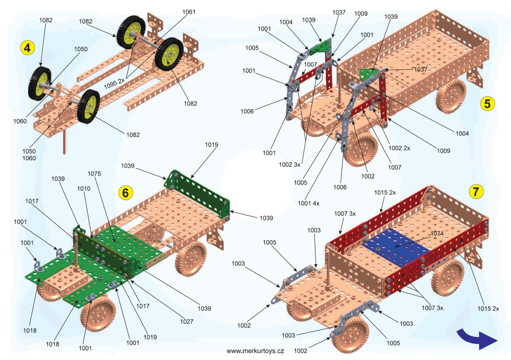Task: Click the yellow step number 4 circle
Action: (27, 48)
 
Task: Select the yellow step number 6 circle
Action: (125, 193)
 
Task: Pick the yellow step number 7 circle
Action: (476, 191)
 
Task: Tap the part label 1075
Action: (95, 173)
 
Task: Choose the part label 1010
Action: (84, 188)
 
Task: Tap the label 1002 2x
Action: (399, 148)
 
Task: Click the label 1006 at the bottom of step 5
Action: (340, 187)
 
